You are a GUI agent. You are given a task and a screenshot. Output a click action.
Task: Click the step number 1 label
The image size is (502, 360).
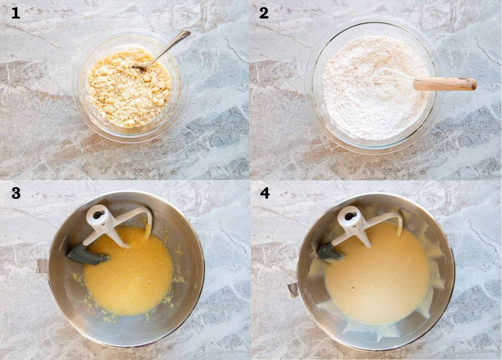pyautogui.click(x=15, y=13)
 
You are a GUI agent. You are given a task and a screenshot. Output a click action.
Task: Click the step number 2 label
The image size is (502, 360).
pyautogui.click(x=264, y=13)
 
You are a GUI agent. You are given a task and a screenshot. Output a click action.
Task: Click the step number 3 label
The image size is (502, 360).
pyautogui.click(x=16, y=193)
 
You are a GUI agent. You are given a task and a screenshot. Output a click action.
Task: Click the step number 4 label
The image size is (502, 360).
pyautogui.click(x=264, y=193)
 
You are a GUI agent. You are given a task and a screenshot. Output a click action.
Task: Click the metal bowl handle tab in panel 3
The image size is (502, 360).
pyautogui.click(x=41, y=266)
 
